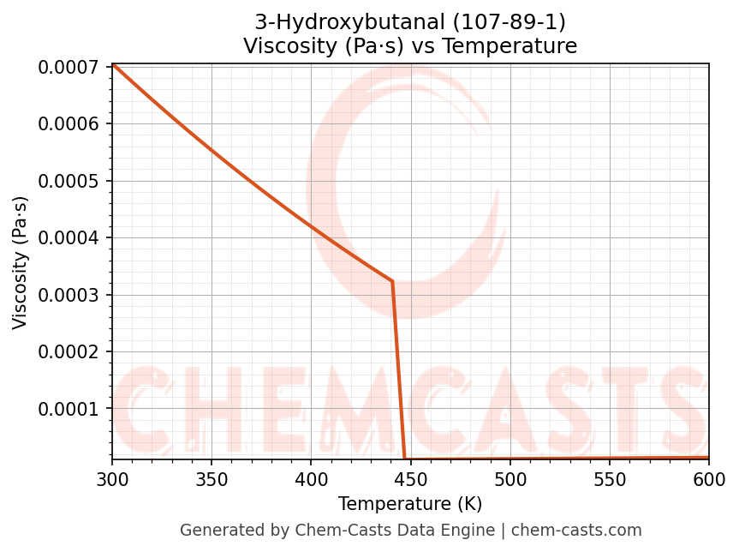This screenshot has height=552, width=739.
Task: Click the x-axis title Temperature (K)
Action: (x=410, y=504)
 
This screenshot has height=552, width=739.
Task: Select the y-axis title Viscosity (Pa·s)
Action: (x=21, y=262)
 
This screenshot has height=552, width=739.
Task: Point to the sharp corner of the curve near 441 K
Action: (x=392, y=281)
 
